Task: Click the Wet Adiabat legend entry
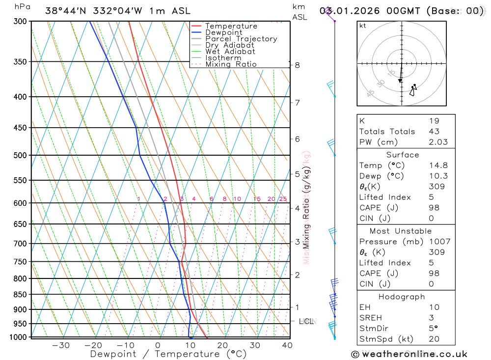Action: click(230, 52)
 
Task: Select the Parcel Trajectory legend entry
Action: click(241, 39)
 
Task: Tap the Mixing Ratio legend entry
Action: click(231, 64)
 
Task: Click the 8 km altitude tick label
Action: click(297, 65)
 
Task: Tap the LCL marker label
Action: click(306, 321)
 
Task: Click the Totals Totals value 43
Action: click(434, 131)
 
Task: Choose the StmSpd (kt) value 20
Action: click(434, 339)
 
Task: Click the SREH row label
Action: click(370, 318)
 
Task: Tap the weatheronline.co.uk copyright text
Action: click(409, 354)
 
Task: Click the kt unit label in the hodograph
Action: click(363, 26)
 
